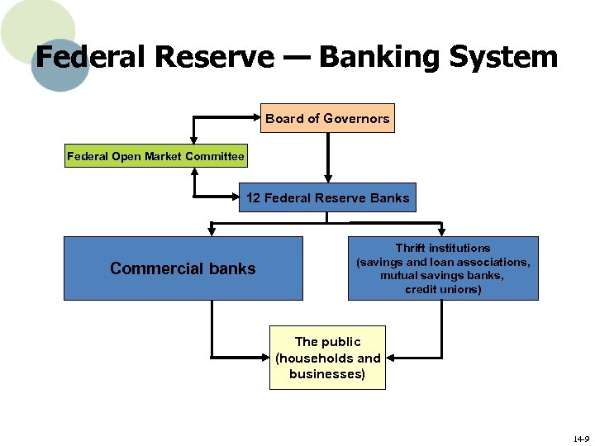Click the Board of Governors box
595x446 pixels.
tap(327, 118)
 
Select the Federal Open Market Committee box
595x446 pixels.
tap(155, 156)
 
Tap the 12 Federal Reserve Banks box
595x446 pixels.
tap(327, 197)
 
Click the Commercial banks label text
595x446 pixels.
tap(183, 268)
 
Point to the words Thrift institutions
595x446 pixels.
tap(443, 248)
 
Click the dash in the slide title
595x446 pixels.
tap(295, 57)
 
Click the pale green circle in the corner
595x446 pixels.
tap(33, 25)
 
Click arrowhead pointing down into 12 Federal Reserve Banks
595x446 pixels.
tap(328, 176)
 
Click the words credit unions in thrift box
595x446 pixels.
tap(443, 289)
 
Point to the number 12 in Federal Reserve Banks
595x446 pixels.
tap(254, 197)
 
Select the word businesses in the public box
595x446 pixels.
tap(327, 374)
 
